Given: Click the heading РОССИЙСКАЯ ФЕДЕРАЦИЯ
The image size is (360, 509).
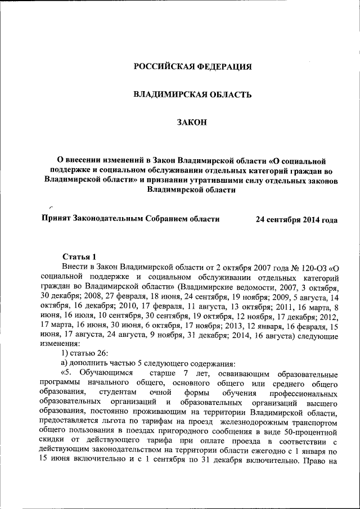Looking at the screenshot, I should [192, 67].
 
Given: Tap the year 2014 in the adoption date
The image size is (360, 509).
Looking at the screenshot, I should [309, 219].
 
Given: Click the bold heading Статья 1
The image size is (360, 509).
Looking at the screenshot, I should [79, 256].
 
